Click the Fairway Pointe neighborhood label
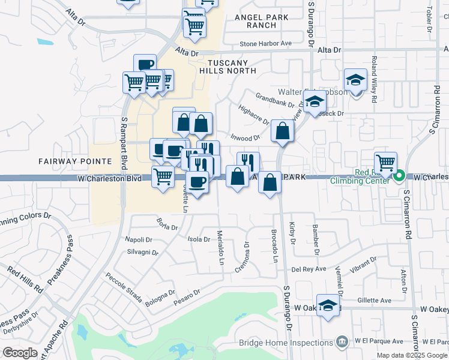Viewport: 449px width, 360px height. click(x=75, y=161)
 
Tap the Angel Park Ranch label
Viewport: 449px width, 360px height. click(x=264, y=22)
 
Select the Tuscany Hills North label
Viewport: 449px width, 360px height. click(x=232, y=67)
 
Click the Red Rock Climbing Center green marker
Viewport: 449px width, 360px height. click(x=399, y=177)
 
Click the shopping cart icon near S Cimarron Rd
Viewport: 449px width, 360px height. click(x=385, y=162)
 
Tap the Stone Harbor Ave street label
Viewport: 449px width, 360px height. click(x=265, y=43)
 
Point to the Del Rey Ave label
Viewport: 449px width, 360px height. click(x=309, y=269)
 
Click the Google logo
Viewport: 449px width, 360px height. click(x=20, y=353)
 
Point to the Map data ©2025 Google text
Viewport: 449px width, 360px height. click(x=411, y=355)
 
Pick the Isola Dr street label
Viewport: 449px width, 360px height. click(x=199, y=239)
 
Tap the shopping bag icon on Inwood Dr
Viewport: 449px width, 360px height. click(x=282, y=130)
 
